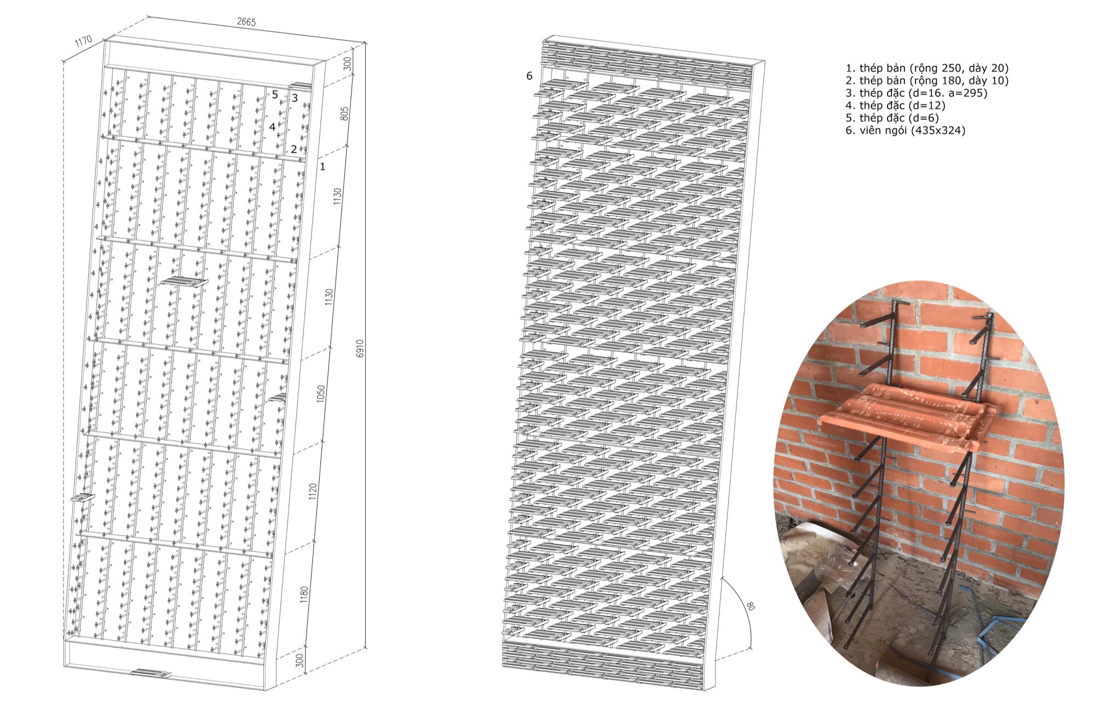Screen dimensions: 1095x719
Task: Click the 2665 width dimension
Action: pos(246,22)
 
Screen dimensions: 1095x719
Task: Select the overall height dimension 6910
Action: pos(360,349)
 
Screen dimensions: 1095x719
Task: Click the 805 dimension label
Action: pos(344,113)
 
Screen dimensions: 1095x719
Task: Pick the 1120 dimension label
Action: pos(313,492)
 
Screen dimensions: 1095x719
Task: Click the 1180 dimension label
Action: pos(304,595)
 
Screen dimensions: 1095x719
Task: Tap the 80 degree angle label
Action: pos(750,606)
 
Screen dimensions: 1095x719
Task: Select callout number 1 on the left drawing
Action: pos(322,166)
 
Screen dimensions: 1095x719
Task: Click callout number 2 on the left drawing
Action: pos(294,149)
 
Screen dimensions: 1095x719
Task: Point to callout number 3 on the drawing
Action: pos(295,98)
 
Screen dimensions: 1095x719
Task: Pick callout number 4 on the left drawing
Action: pos(272,126)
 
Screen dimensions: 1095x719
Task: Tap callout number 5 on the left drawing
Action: pos(275,94)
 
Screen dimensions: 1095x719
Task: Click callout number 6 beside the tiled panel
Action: pos(529,76)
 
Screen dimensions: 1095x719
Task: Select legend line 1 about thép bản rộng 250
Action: pos(927,68)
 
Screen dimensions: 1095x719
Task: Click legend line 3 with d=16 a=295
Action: pos(917,93)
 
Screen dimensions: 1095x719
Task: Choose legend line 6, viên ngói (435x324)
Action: pos(906,130)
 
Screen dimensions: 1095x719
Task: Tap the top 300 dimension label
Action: pos(347,64)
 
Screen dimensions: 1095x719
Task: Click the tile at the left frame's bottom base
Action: pos(151,674)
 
